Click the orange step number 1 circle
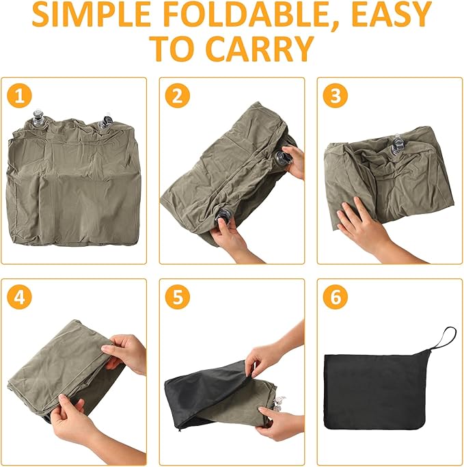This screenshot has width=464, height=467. pyautogui.click(x=19, y=96)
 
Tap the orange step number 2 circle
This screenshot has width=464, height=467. pyautogui.click(x=178, y=96)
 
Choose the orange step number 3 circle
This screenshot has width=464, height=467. pyautogui.click(x=335, y=96)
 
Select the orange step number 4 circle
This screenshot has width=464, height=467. pyautogui.click(x=19, y=297)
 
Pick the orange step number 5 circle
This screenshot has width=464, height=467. pyautogui.click(x=178, y=297)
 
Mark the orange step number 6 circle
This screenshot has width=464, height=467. pyautogui.click(x=335, y=297)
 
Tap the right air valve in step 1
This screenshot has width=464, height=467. pyautogui.click(x=106, y=121)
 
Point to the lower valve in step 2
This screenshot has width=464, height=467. pyautogui.click(x=223, y=215)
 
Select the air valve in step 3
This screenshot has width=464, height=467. pyautogui.click(x=396, y=146)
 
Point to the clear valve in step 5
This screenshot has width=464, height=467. pyautogui.click(x=278, y=403)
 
